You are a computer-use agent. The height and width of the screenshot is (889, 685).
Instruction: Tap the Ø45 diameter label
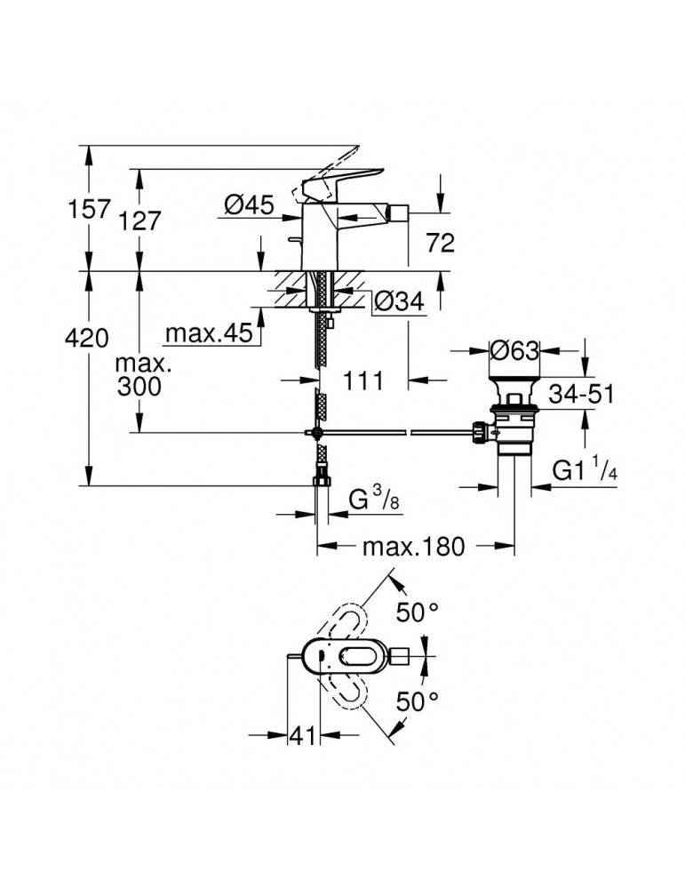click(247, 205)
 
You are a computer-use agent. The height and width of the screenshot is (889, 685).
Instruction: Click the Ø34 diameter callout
click(394, 302)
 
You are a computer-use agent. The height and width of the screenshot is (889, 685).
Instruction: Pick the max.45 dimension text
click(208, 335)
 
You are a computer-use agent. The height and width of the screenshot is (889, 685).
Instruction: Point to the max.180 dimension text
click(413, 547)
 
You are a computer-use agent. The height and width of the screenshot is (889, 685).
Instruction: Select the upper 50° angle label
click(418, 613)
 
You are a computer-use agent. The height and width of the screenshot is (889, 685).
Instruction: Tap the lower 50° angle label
click(418, 701)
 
